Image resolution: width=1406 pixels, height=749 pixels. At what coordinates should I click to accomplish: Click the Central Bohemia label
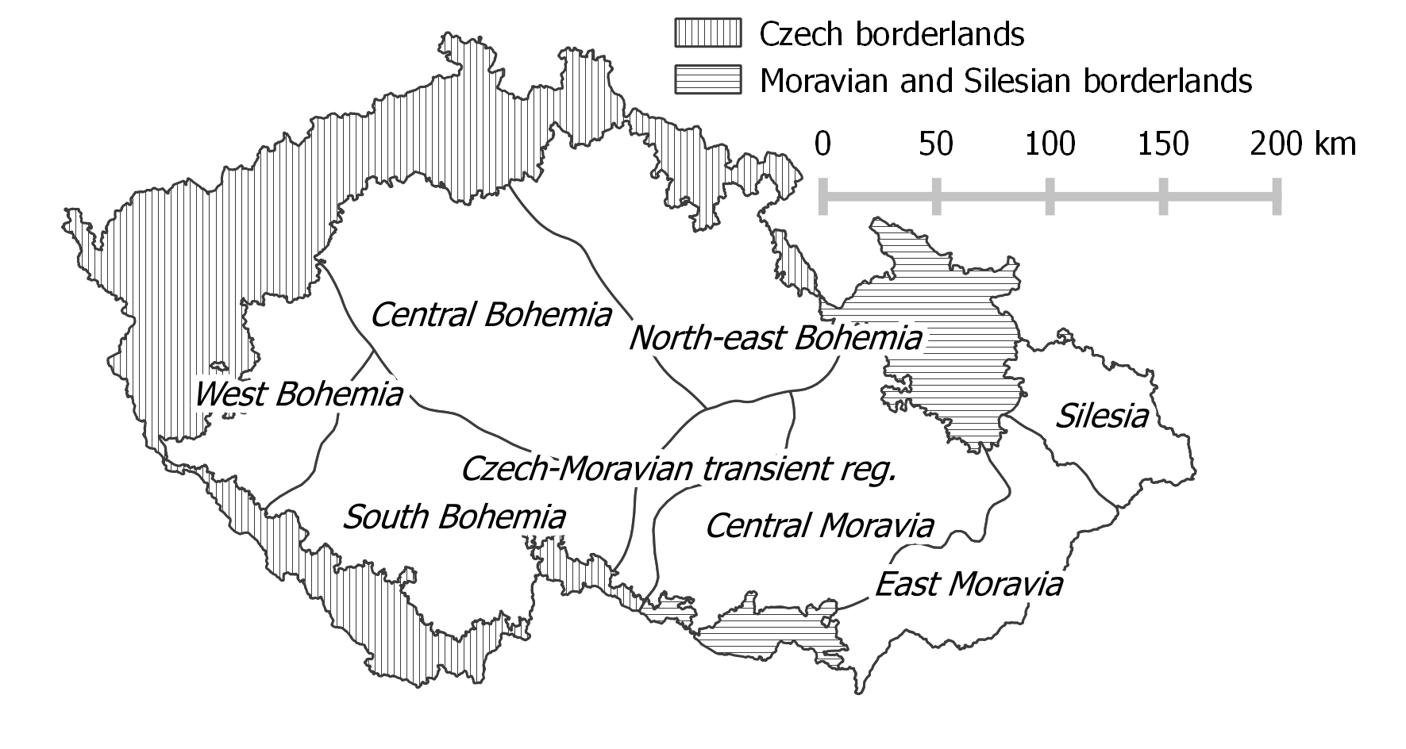tap(491, 315)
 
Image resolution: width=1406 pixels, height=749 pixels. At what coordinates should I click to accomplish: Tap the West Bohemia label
tap(299, 394)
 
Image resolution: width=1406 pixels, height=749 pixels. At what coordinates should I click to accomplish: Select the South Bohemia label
tap(454, 517)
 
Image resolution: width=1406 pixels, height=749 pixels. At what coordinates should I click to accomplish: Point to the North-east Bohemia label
tap(775, 339)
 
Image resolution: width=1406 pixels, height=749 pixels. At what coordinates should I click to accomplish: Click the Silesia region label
tap(1102, 416)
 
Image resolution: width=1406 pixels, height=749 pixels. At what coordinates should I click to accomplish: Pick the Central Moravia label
tap(819, 525)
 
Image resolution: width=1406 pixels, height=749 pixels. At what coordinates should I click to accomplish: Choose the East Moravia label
tap(968, 585)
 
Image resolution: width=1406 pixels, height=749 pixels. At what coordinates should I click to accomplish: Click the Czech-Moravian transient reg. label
tap(679, 469)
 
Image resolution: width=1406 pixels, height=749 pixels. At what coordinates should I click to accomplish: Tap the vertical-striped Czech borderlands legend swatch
tap(707, 33)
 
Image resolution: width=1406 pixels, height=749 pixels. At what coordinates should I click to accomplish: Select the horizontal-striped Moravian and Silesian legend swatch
tap(707, 80)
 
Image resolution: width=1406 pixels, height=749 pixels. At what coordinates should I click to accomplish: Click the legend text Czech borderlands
tap(892, 34)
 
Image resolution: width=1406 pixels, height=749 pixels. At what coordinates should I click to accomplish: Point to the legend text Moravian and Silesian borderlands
tap(1005, 81)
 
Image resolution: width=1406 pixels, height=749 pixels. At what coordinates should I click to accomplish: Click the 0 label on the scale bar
tap(823, 144)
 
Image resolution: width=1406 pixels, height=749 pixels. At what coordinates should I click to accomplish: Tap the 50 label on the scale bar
tap(937, 144)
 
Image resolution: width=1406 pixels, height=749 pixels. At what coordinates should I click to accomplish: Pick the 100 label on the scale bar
tap(1050, 144)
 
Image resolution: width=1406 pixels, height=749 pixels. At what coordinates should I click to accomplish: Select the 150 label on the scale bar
tap(1164, 144)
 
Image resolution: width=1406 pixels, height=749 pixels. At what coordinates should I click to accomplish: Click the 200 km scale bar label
tap(1303, 144)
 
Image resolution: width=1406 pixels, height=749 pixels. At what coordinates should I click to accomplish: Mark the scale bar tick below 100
tap(1050, 196)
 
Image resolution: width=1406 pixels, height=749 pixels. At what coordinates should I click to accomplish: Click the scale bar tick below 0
tap(823, 196)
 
